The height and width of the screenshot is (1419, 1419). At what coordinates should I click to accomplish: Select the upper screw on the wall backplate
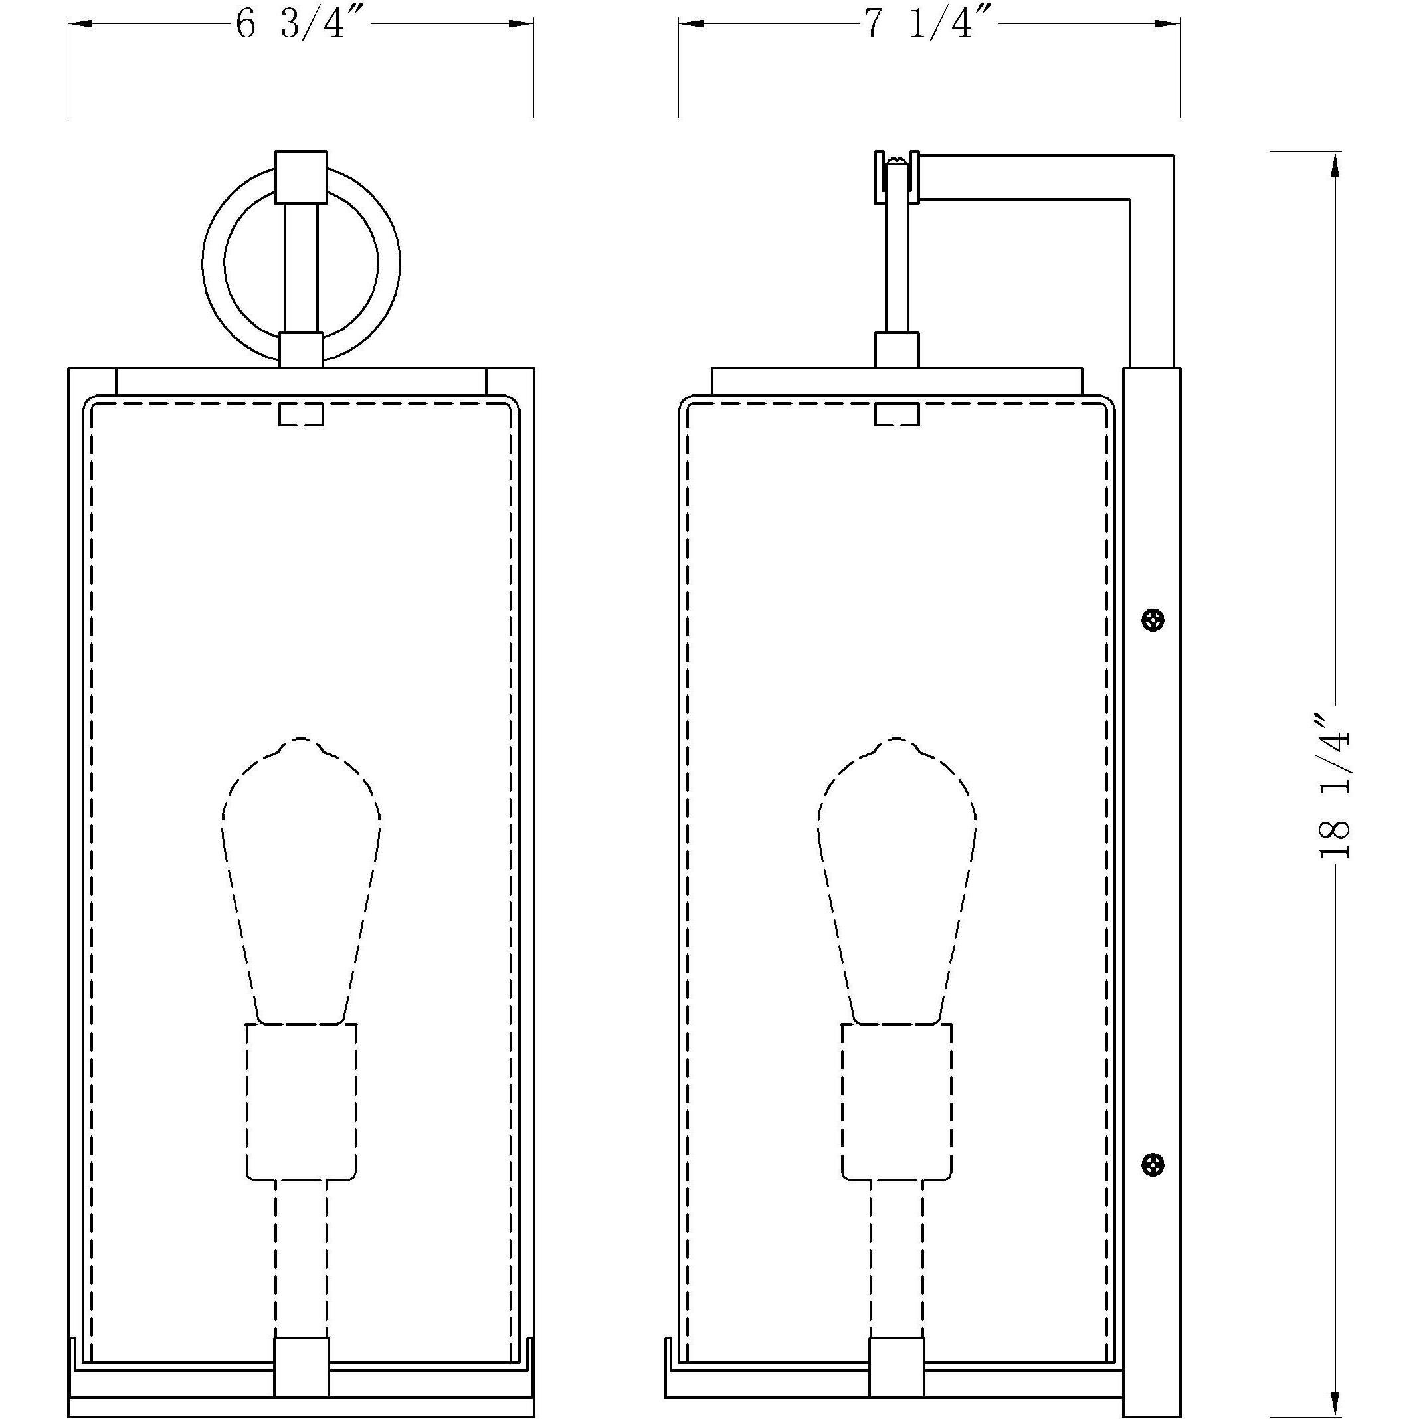tap(1154, 620)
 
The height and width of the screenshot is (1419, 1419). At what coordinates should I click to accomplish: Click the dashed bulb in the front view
tap(301, 882)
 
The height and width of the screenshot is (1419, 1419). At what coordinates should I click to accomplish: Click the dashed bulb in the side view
tap(897, 882)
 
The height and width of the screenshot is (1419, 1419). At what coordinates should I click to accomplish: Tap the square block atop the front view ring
tap(301, 176)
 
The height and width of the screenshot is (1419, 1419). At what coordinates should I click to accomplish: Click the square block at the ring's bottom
tap(301, 349)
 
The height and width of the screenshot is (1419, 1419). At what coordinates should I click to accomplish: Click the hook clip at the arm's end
tap(896, 176)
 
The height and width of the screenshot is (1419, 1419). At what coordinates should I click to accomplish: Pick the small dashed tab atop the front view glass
tap(301, 413)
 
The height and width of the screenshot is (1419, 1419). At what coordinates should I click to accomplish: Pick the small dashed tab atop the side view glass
tap(897, 413)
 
